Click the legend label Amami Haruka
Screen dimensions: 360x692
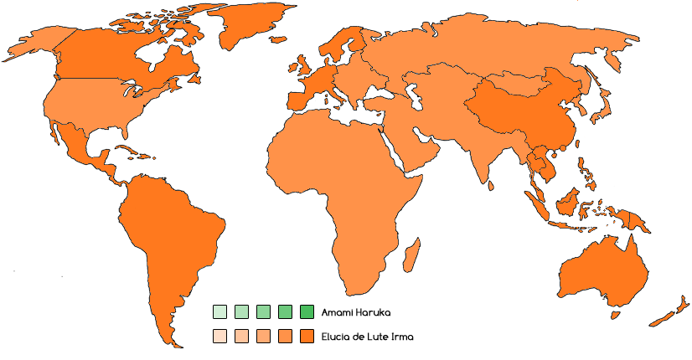point(356,313)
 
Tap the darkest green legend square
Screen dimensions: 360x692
point(306,313)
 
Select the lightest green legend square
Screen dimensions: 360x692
point(219,313)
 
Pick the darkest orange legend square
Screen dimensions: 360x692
point(306,337)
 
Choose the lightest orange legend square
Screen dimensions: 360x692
point(219,337)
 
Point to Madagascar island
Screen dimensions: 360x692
point(411,252)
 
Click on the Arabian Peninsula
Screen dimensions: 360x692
point(419,147)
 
